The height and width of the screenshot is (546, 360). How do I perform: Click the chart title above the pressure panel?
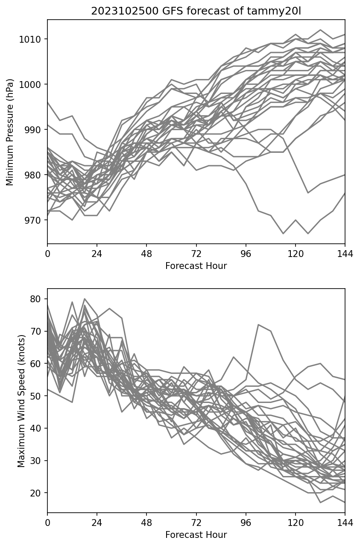click(196, 11)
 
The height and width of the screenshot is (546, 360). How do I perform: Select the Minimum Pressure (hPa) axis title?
click(10, 131)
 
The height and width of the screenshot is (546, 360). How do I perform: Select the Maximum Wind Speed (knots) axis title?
click(21, 400)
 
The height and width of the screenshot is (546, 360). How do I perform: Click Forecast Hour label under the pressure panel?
click(196, 266)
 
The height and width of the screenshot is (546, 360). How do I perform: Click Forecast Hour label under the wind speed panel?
click(196, 535)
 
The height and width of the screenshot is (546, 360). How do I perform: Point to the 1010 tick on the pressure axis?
click(33, 39)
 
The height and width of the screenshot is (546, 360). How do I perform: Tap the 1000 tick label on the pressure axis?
click(33, 85)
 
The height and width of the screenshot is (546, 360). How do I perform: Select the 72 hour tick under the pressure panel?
click(196, 254)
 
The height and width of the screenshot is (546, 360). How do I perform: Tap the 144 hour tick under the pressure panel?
click(345, 254)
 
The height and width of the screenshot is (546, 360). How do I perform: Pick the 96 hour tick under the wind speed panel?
click(246, 523)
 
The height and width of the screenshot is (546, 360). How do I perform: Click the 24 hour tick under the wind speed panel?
click(97, 523)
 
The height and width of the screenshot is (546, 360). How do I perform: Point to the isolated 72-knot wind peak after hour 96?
click(258, 325)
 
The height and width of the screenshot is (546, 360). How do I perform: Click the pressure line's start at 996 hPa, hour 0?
click(48, 102)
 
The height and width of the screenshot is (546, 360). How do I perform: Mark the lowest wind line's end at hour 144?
click(345, 502)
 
